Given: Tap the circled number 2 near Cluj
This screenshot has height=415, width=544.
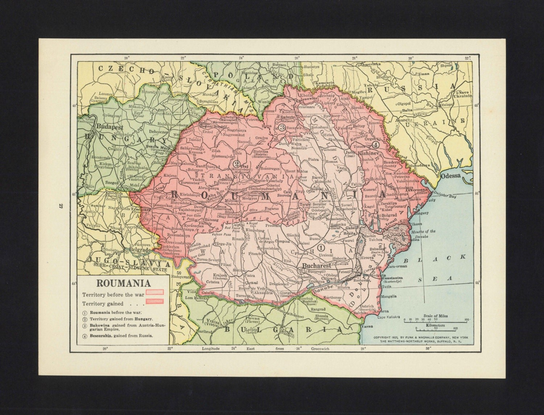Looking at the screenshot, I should [237, 163].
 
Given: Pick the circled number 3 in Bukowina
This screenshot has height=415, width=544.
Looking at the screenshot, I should [282, 127].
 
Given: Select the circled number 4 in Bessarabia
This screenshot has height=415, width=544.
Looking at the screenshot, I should [376, 144].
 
